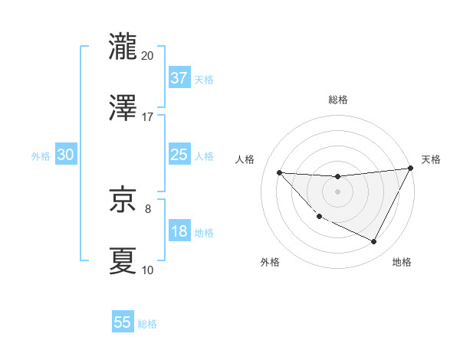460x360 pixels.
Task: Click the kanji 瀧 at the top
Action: pos(123,46)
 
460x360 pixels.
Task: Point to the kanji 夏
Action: pos(123,260)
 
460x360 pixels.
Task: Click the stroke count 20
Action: pos(147,55)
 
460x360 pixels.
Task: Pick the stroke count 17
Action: pos(147,116)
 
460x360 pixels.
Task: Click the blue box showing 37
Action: pos(179,77)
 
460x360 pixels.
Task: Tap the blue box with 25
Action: pos(179,154)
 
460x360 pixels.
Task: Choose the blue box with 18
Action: pos(179,231)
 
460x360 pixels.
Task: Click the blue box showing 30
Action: pos(65,154)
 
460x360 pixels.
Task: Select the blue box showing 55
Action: pos(123,322)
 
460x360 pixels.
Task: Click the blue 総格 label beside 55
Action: pos(147,324)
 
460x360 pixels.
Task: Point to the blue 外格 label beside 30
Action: pos(41,155)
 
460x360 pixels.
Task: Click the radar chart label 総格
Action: pos(337,100)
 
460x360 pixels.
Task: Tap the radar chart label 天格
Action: pos(431,159)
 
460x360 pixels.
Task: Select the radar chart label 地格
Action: pos(402,262)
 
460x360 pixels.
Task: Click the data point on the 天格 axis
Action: pos(411,169)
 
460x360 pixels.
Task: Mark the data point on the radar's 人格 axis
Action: pos(279,172)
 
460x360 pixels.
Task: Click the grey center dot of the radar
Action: pos(337,191)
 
